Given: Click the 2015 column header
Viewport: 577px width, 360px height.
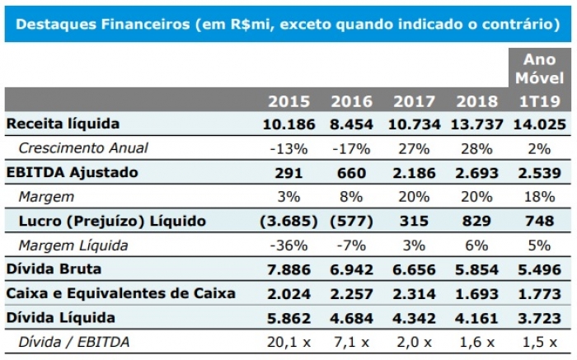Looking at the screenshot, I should (x=288, y=101).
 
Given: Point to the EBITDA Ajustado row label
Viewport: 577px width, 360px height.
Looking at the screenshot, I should (x=73, y=172).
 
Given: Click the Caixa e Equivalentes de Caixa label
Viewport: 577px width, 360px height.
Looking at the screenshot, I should (x=120, y=293).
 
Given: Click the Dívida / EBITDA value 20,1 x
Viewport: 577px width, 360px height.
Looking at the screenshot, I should (x=288, y=342).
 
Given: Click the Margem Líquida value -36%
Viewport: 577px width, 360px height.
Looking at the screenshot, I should (x=288, y=245).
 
